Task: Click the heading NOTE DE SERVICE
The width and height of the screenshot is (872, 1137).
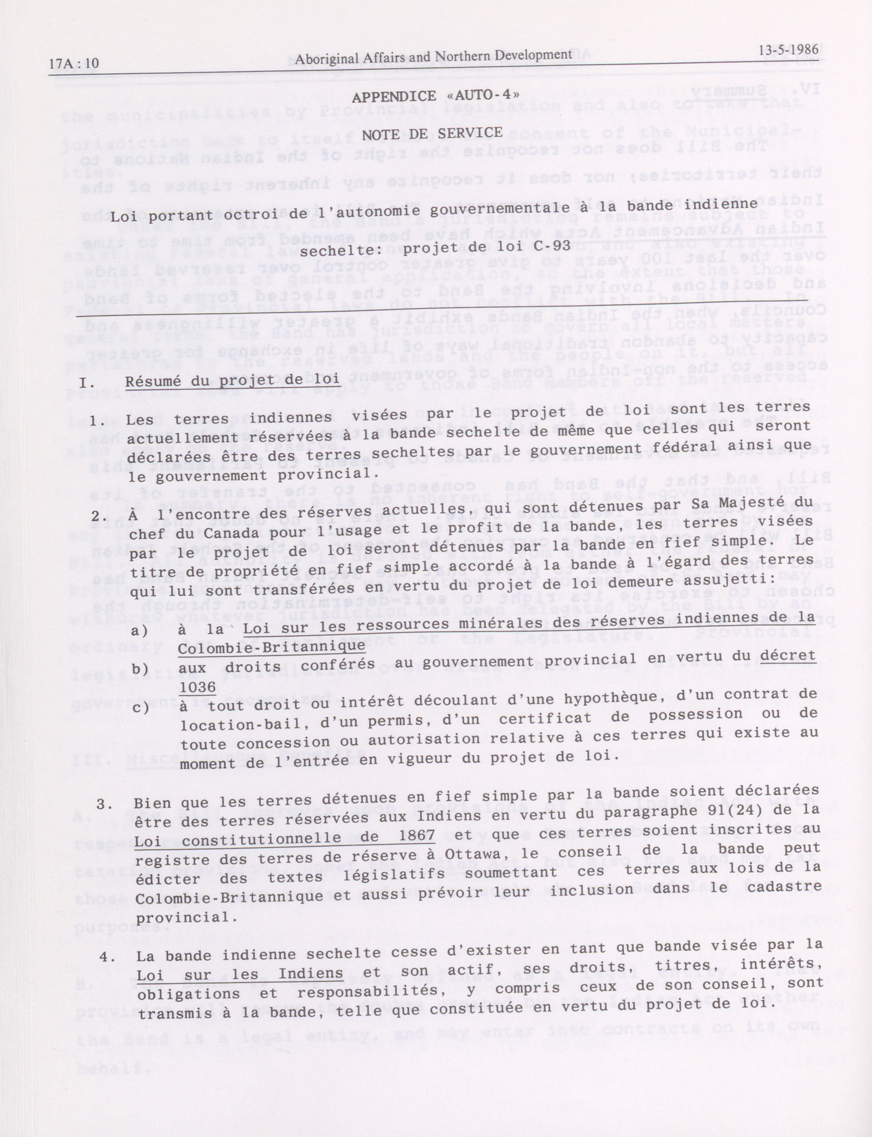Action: [x=432, y=133]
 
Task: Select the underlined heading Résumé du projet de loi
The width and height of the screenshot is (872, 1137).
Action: [x=232, y=379]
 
